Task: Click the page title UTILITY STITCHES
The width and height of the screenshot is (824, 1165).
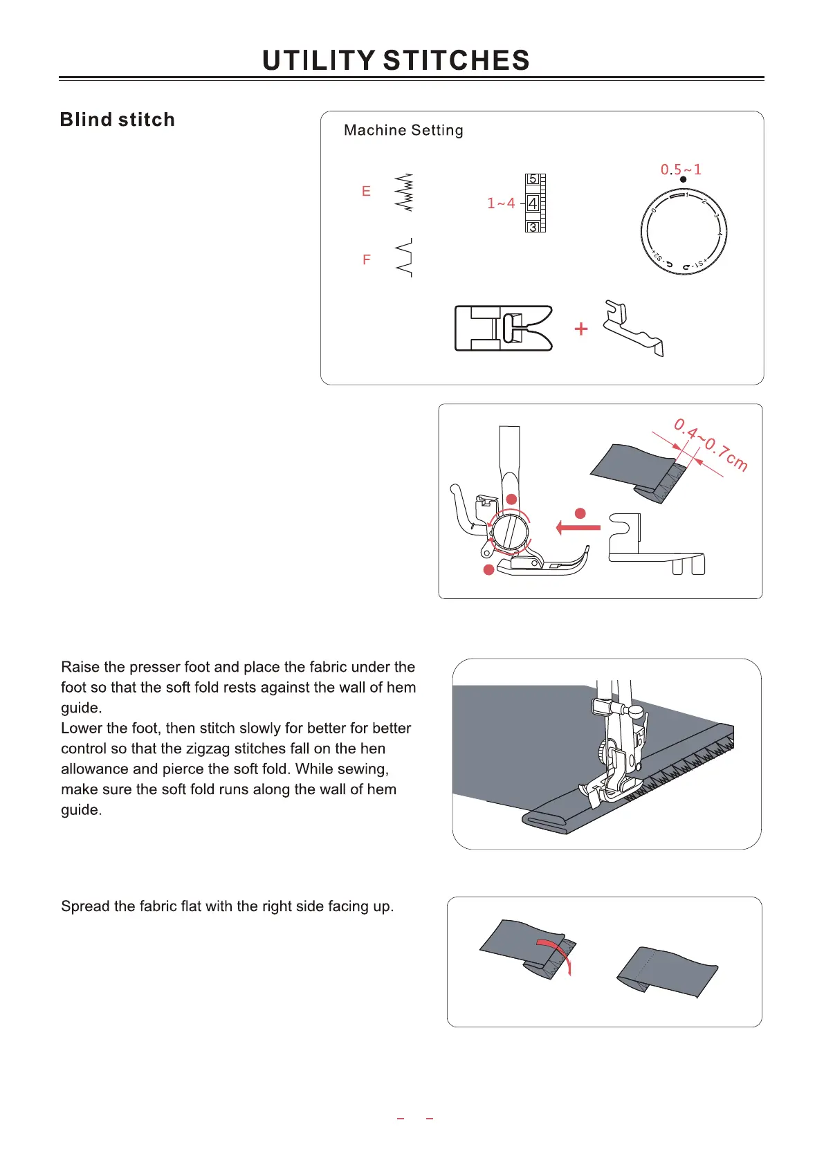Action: click(x=396, y=61)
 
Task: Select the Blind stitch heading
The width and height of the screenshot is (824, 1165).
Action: click(x=117, y=120)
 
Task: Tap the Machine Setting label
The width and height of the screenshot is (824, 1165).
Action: click(x=403, y=130)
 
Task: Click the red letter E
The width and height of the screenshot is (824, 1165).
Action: click(x=366, y=192)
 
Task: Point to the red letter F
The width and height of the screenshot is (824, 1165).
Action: click(x=367, y=259)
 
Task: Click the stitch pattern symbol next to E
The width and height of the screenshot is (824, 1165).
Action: click(x=404, y=192)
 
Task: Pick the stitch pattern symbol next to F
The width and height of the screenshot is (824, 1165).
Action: click(x=404, y=258)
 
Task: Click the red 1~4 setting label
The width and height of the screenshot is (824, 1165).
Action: click(x=501, y=203)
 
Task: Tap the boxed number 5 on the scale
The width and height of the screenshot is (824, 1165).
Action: click(x=532, y=179)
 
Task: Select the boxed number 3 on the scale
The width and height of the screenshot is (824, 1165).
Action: click(x=532, y=227)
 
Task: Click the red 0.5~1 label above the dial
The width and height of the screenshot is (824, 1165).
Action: click(x=681, y=169)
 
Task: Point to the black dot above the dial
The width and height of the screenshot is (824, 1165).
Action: click(x=683, y=180)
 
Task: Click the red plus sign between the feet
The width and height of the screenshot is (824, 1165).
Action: click(x=581, y=329)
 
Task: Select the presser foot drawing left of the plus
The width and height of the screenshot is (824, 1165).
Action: click(x=503, y=328)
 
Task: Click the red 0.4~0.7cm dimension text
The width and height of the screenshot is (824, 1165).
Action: click(x=711, y=445)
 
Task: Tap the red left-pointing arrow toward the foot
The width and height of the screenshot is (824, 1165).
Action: click(x=578, y=528)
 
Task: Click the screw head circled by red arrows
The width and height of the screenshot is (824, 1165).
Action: click(x=509, y=533)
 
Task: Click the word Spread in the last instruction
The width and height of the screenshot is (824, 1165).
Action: click(x=84, y=906)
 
